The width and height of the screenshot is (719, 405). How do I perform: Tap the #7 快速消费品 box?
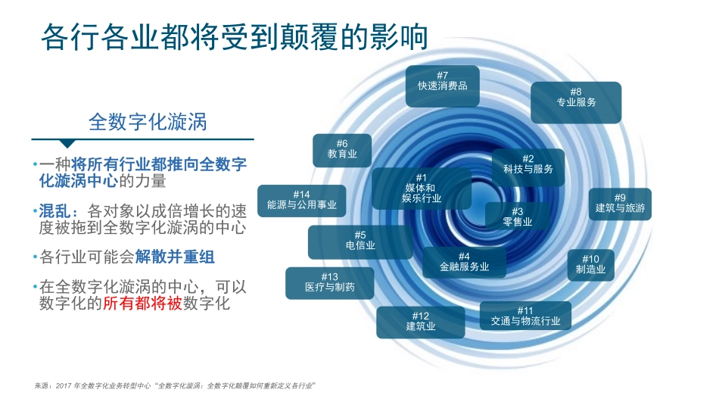pos(442,82)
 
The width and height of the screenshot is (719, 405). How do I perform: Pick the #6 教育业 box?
pos(342,150)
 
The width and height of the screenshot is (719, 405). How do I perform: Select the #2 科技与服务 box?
pos(528,164)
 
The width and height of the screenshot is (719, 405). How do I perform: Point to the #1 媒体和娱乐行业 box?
pos(421,188)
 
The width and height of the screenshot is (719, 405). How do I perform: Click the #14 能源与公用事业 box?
pos(301,201)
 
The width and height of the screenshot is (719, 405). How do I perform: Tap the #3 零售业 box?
pos(518,217)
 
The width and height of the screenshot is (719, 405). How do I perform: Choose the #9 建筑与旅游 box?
pos(619,204)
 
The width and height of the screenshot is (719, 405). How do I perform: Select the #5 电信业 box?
pos(360,241)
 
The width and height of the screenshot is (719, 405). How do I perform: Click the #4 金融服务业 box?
pos(464,262)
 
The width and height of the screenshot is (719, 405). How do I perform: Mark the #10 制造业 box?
pos(590,264)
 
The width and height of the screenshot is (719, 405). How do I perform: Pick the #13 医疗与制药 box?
pos(329,283)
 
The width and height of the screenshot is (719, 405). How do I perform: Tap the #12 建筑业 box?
pos(420,322)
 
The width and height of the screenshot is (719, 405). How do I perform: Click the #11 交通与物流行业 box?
pos(525,316)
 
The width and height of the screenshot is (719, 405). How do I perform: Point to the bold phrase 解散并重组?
pos(176,257)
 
